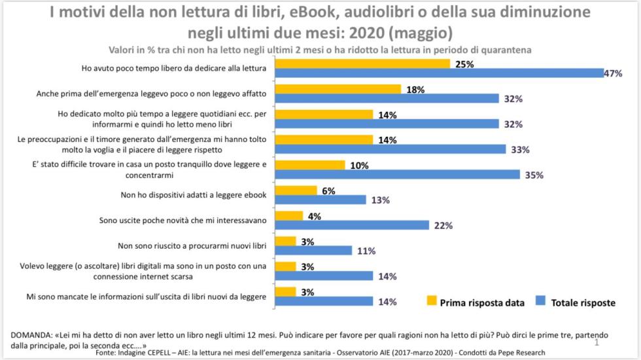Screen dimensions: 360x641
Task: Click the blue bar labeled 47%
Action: [x=439, y=73]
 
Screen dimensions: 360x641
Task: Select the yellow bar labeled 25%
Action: [x=362, y=63]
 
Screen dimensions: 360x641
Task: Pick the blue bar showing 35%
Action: [x=397, y=175]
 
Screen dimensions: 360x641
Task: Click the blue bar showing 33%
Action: [x=390, y=149]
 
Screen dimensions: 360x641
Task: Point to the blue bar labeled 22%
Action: [x=352, y=225]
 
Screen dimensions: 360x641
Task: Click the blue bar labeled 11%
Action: [x=313, y=250]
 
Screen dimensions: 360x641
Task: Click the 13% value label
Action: [x=381, y=200]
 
